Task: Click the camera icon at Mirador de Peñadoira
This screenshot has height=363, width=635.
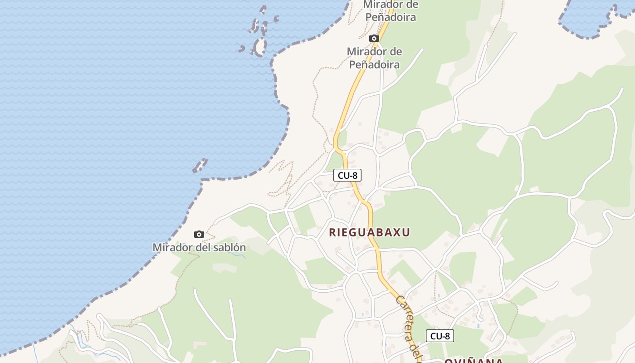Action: pos(374,39)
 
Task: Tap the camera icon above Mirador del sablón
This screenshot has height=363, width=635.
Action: pos(199,234)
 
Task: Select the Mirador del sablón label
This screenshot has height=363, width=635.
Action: pos(199,248)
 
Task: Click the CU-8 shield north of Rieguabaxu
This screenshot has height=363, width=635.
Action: pos(347,175)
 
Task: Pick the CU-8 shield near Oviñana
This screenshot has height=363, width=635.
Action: pos(440,336)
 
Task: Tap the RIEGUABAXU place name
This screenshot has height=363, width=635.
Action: pos(369,233)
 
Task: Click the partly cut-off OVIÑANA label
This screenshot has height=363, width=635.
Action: pos(473,361)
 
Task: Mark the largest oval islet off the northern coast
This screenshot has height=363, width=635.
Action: pos(260,47)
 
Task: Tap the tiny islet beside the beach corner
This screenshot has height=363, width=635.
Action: pos(200,166)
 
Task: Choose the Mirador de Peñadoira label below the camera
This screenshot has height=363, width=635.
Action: pos(374,58)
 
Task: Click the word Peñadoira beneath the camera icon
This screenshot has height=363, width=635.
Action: pos(374,64)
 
